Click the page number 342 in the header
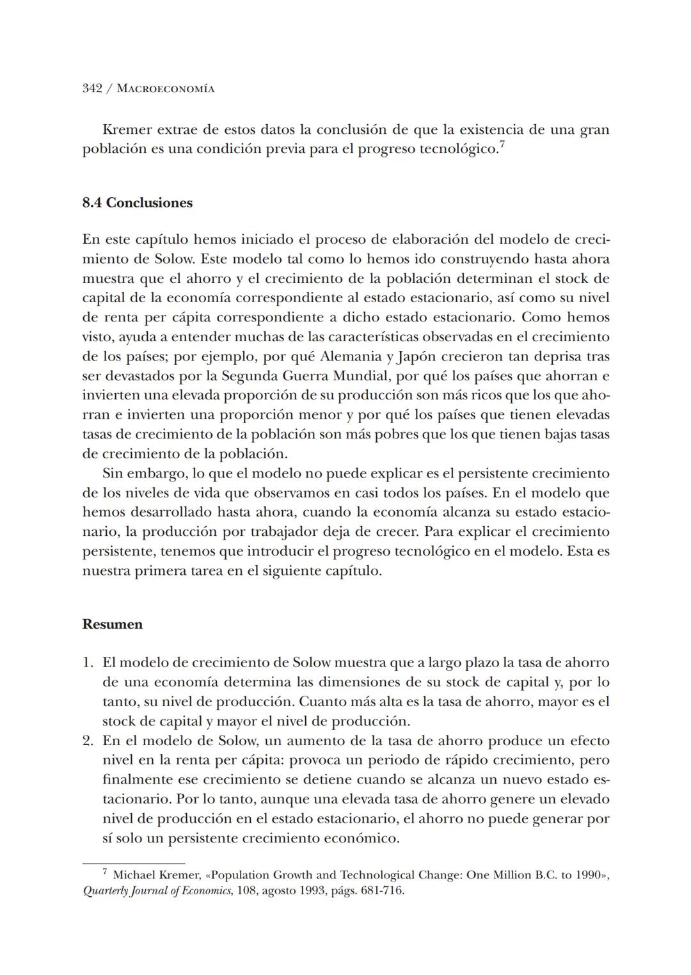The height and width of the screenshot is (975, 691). (93, 88)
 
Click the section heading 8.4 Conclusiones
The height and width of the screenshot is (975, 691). (138, 203)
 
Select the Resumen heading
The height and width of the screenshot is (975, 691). (113, 624)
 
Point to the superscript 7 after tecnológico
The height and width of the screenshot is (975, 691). (502, 146)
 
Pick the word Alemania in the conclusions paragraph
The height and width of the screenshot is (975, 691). (350, 356)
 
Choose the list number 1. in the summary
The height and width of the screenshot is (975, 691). (88, 663)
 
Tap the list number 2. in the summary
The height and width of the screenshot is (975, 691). (88, 741)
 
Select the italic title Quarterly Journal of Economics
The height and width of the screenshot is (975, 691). (157, 890)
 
